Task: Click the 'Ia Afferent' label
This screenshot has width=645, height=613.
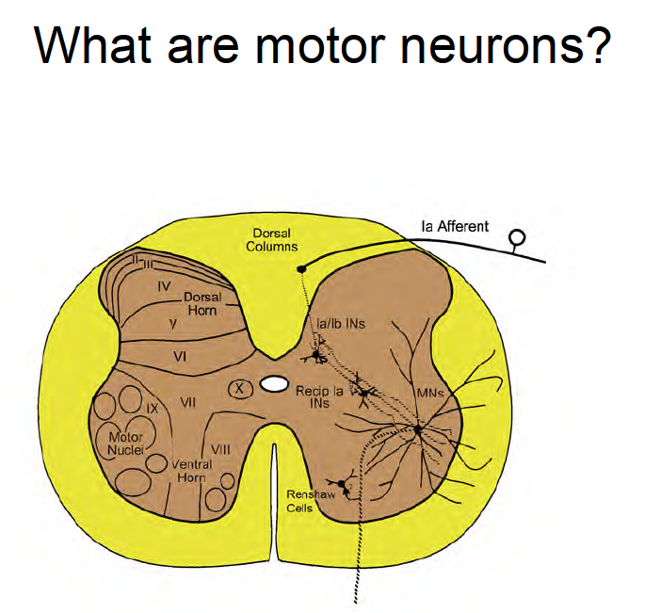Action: pos(455,226)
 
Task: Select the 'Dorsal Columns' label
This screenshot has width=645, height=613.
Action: pos(272,239)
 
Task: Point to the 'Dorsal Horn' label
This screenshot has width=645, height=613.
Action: pos(202,303)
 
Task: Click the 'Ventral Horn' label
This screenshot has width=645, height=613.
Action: pos(192,470)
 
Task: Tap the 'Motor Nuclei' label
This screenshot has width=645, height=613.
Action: pos(125,443)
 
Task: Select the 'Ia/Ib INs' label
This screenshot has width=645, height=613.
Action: pos(341,323)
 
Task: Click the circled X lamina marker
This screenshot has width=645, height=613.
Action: pos(240,388)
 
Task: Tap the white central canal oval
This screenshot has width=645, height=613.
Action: pos(274,384)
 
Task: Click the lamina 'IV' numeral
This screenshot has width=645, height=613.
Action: pos(163,284)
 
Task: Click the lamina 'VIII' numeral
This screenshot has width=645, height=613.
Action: pos(221,449)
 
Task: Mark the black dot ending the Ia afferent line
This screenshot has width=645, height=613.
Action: pos(301,268)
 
